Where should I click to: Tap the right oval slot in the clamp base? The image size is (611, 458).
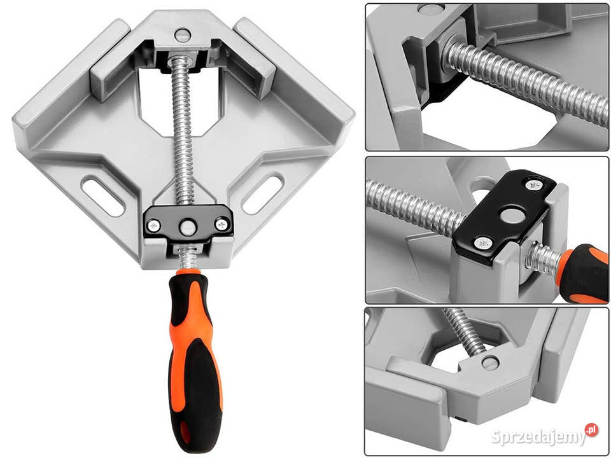tap(263, 195)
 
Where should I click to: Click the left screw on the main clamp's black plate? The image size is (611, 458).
tap(153, 225)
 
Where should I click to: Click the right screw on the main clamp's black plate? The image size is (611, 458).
tap(221, 224)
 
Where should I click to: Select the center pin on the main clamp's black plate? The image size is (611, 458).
tap(188, 228)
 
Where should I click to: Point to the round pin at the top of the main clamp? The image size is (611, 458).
tap(183, 35)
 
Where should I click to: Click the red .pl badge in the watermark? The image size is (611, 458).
tap(591, 429)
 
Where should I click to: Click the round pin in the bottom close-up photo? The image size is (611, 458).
tap(490, 363)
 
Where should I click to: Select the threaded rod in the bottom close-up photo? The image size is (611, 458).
tap(467, 331)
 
